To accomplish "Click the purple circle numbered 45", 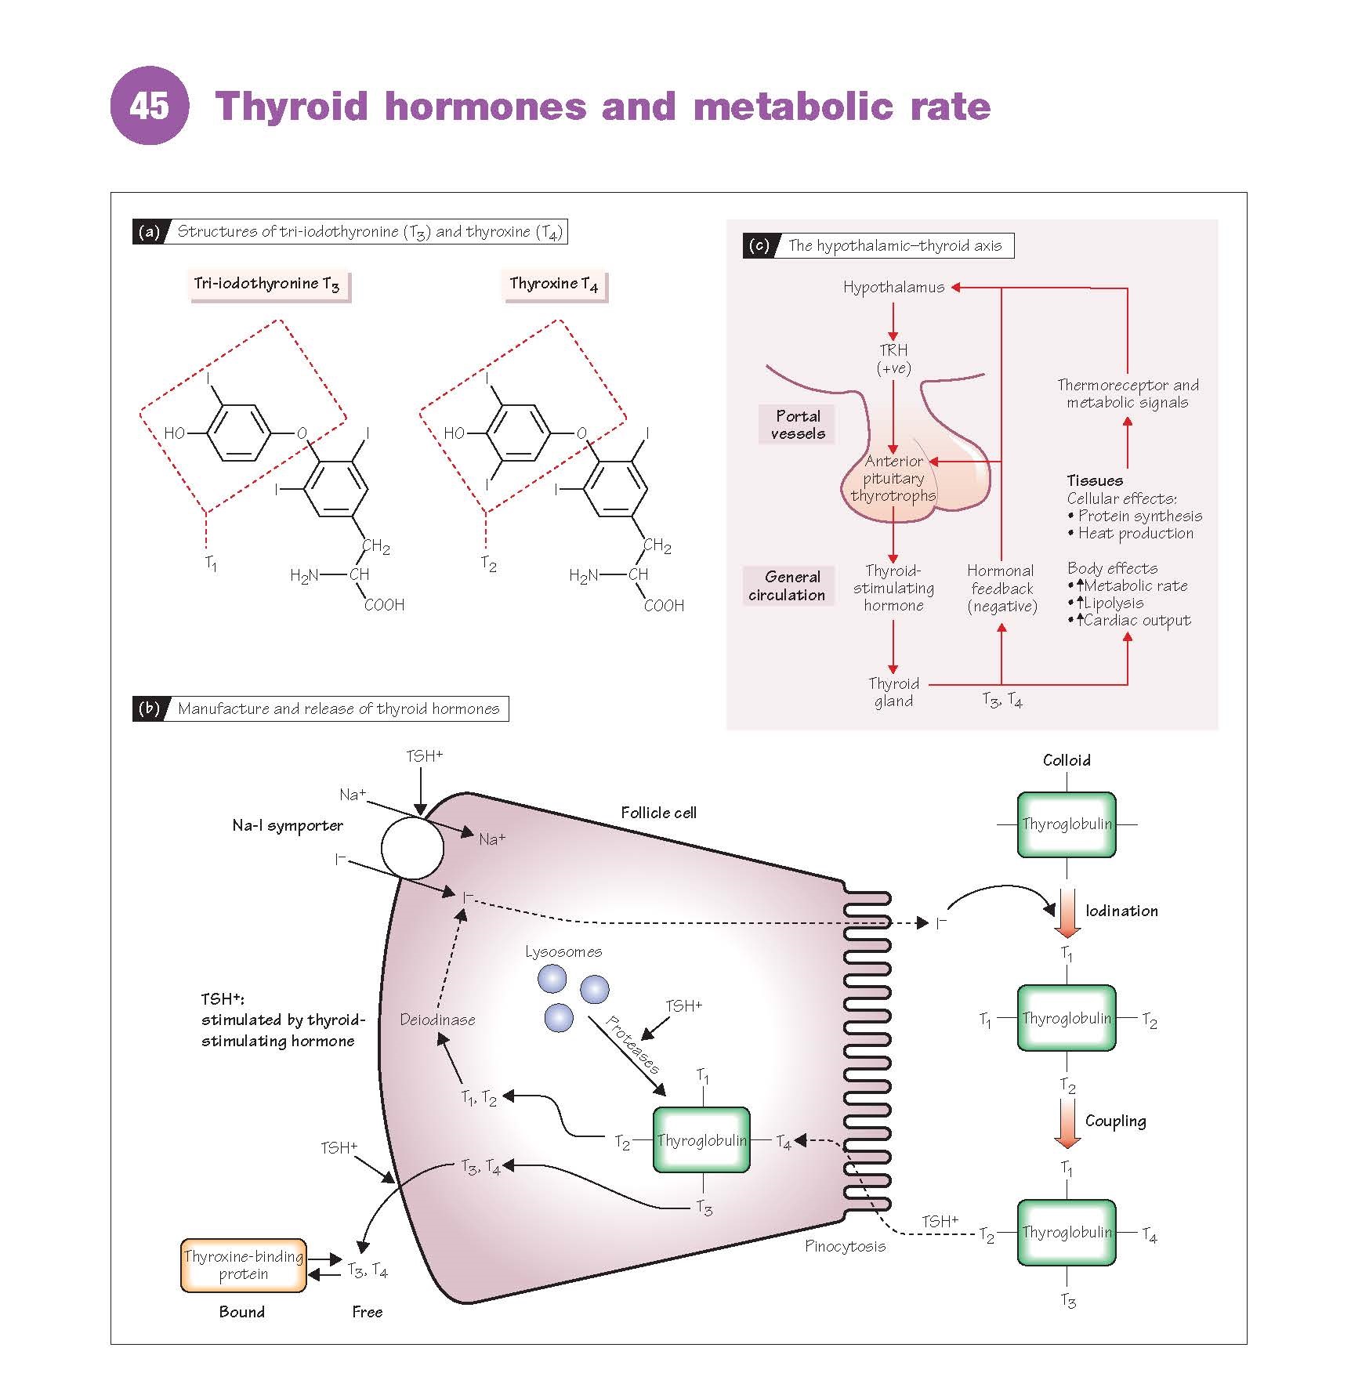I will click(x=149, y=105).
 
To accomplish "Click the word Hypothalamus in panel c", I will click(x=893, y=288).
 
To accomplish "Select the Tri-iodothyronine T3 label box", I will click(x=267, y=284).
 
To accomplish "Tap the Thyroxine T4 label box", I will click(x=553, y=284).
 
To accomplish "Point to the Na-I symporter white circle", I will click(x=412, y=848).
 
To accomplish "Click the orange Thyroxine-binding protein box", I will click(x=243, y=1265).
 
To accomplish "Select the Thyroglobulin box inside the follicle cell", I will click(x=701, y=1140).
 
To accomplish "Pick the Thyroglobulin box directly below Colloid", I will click(x=1067, y=824).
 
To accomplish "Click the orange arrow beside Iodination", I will click(x=1067, y=912).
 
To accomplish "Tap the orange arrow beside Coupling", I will click(x=1067, y=1122).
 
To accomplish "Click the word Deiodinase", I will click(x=437, y=1020).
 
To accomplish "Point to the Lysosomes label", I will click(x=563, y=952).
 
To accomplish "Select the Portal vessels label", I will click(x=797, y=425).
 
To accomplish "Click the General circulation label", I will click(x=787, y=586).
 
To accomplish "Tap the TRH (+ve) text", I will click(x=893, y=359).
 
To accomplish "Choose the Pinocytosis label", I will click(x=845, y=1246).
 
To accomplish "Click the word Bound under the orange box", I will click(x=241, y=1312).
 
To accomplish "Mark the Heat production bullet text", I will click(x=1135, y=534).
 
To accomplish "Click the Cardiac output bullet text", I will click(x=1136, y=621).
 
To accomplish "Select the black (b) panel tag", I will click(x=148, y=708).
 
